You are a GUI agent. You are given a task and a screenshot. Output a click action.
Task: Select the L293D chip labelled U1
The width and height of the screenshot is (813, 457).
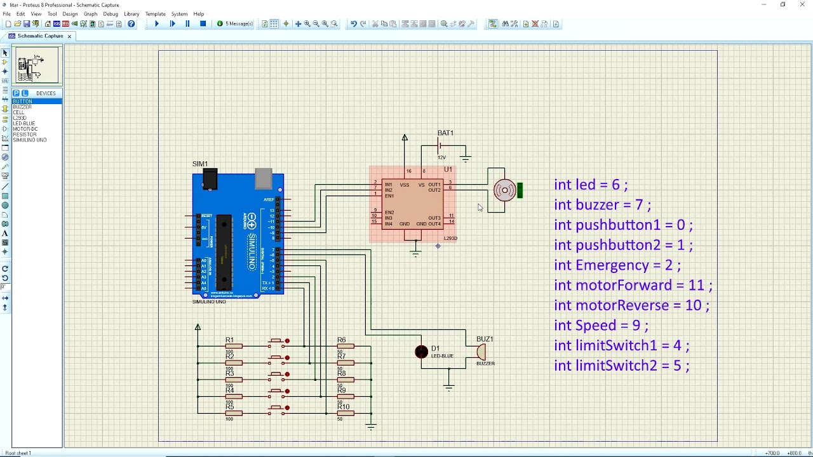pyautogui.click(x=412, y=204)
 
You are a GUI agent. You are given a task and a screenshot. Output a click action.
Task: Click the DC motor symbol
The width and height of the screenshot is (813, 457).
pyautogui.click(x=505, y=190)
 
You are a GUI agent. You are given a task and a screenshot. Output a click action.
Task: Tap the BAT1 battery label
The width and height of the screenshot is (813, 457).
pyautogui.click(x=445, y=133)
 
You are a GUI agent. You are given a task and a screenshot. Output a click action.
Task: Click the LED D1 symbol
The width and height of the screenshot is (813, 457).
pyautogui.click(x=422, y=352)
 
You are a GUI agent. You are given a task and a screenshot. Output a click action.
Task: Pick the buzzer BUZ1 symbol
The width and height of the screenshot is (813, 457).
pyautogui.click(x=481, y=352)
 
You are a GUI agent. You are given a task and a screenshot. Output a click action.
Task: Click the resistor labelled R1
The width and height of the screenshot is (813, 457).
pyautogui.click(x=233, y=346)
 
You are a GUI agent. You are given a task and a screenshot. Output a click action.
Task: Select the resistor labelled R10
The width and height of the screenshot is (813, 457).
pyautogui.click(x=345, y=413)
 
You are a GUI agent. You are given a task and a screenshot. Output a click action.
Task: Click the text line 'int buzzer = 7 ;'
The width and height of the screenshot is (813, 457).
pyautogui.click(x=602, y=205)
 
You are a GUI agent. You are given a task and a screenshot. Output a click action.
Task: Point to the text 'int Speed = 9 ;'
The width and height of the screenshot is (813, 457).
pyautogui.click(x=601, y=326)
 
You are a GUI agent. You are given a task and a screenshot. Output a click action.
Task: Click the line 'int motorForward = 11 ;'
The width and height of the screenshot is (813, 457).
pyautogui.click(x=633, y=286)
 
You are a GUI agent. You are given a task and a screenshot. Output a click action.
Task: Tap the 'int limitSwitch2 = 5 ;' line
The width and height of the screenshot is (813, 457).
pyautogui.click(x=621, y=366)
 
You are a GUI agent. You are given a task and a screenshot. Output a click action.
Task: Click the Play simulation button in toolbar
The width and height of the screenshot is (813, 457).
pyautogui.click(x=157, y=24)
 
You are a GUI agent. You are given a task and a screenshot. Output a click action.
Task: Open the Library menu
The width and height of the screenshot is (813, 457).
pyautogui.click(x=131, y=14)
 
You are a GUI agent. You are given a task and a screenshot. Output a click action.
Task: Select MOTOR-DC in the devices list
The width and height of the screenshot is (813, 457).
pyautogui.click(x=25, y=129)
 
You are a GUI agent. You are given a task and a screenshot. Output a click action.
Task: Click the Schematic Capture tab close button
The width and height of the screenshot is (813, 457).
pyautogui.click(x=69, y=36)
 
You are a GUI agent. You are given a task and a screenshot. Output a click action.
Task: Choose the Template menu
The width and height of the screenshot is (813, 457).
pyautogui.click(x=155, y=14)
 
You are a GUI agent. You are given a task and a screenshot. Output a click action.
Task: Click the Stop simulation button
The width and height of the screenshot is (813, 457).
pyautogui.click(x=203, y=24)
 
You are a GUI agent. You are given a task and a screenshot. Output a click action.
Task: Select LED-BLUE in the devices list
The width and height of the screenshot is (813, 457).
pyautogui.click(x=24, y=124)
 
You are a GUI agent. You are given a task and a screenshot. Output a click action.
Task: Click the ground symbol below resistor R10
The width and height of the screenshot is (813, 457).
pyautogui.click(x=371, y=427)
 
